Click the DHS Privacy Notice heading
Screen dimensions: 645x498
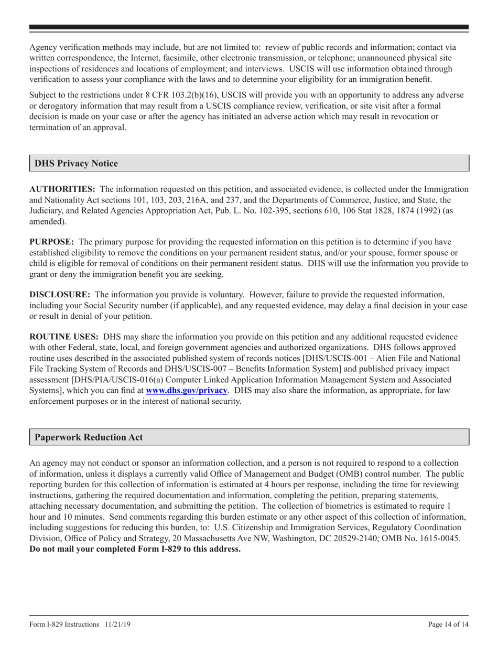point(76,163)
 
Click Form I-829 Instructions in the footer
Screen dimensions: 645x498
point(64,625)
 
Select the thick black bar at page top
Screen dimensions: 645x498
point(248,27)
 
